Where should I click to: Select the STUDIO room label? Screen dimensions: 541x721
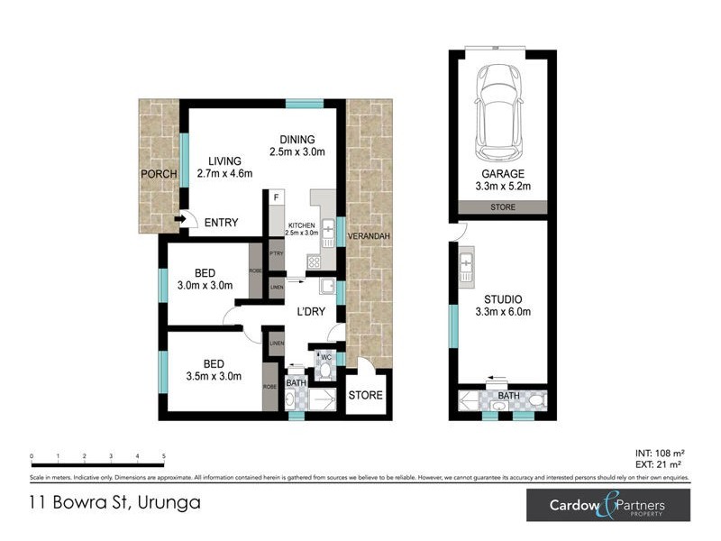(x=502, y=299)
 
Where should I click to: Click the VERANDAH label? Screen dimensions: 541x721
(x=369, y=237)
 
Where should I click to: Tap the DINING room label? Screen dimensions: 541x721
(x=297, y=140)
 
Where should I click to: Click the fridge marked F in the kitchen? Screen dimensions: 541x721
(x=277, y=197)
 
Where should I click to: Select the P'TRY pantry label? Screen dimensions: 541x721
(x=277, y=255)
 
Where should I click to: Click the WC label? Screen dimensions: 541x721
(x=328, y=358)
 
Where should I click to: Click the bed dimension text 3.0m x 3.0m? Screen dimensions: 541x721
(x=205, y=286)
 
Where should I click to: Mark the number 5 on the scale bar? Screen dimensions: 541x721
(x=163, y=456)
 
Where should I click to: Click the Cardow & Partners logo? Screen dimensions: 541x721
(x=608, y=505)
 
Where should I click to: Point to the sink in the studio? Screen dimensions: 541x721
(x=467, y=264)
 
